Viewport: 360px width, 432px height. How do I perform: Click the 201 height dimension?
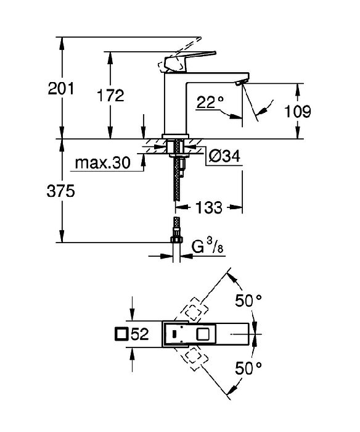[61, 88]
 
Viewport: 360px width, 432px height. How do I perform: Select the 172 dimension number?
[110, 95]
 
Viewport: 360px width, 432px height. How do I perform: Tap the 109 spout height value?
[298, 111]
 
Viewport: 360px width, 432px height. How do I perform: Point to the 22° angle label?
[210, 102]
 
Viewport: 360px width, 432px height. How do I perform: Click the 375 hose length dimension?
[61, 191]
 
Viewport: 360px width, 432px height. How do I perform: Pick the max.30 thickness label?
[103, 163]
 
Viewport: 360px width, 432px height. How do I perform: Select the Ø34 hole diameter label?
[224, 156]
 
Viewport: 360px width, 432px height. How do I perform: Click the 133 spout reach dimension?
[208, 207]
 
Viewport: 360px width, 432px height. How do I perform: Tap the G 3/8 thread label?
[207, 246]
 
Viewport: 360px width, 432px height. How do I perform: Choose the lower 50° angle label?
[248, 368]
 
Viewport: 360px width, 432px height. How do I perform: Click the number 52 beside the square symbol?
[140, 334]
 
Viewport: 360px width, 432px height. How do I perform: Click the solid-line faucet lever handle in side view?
[190, 60]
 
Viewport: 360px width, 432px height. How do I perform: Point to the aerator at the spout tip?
[242, 82]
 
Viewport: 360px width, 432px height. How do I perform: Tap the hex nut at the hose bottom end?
[176, 239]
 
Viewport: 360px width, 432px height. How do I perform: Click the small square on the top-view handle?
[203, 334]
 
